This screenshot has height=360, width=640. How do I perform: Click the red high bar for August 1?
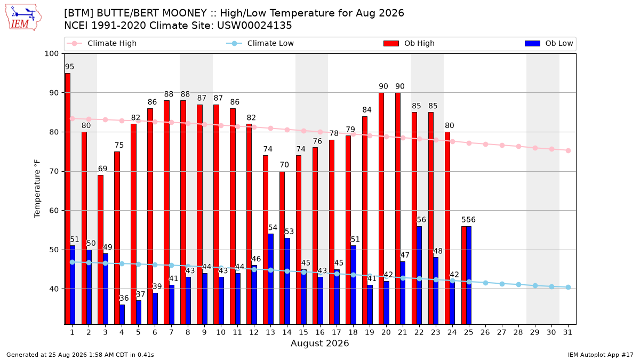67,198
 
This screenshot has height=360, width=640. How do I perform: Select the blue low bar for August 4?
122,314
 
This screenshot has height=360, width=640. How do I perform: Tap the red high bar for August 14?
282,247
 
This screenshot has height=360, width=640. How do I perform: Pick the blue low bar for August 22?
419,275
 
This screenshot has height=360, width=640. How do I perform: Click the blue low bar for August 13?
270,279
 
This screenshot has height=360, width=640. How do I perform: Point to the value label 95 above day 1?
69,67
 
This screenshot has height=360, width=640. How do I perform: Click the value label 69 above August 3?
102,169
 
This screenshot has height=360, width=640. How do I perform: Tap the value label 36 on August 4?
124,298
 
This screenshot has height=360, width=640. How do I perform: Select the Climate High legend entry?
101,43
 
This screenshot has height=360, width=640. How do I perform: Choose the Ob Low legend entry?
549,43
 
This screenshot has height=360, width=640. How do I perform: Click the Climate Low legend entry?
260,43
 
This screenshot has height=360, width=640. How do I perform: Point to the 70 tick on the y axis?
54,171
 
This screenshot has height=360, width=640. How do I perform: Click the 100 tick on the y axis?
51,54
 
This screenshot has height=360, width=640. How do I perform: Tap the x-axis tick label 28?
518,333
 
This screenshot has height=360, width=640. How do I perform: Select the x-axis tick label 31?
567,333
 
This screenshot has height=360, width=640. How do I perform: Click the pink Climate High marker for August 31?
568,150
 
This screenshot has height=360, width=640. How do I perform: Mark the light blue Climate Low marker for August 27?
502,284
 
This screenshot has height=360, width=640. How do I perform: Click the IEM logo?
23,18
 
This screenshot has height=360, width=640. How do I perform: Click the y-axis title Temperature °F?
37,189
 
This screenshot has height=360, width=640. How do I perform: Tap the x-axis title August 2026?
319,343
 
